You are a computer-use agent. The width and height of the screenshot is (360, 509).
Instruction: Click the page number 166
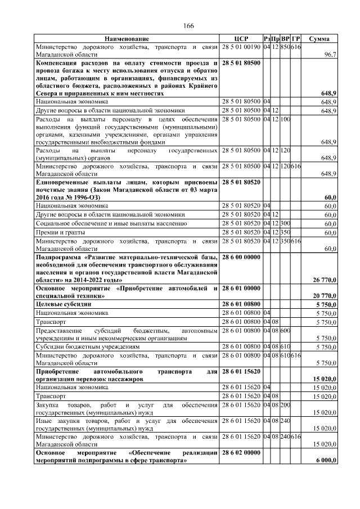click(x=188, y=26)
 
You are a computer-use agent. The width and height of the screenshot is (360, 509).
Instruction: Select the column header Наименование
click(x=127, y=38)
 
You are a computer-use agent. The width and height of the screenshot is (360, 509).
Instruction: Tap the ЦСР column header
click(x=241, y=38)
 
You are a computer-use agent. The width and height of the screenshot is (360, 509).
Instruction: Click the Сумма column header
click(x=323, y=38)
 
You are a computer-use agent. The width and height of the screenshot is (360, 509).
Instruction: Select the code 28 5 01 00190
click(x=241, y=47)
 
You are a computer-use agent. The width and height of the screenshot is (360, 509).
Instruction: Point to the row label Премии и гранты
click(x=55, y=232)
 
